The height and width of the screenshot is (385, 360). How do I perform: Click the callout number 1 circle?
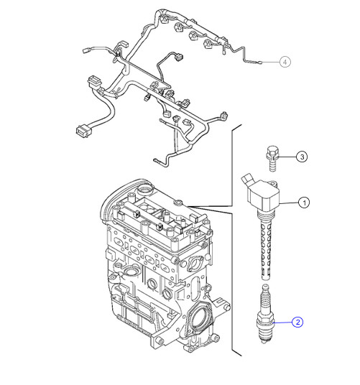305,203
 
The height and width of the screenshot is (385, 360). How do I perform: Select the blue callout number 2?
297,323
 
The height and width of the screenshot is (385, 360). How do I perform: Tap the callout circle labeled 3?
303,157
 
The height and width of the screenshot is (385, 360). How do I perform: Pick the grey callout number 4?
285,62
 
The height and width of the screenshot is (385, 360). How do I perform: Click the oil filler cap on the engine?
145,188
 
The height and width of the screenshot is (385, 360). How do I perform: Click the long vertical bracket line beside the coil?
234,244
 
